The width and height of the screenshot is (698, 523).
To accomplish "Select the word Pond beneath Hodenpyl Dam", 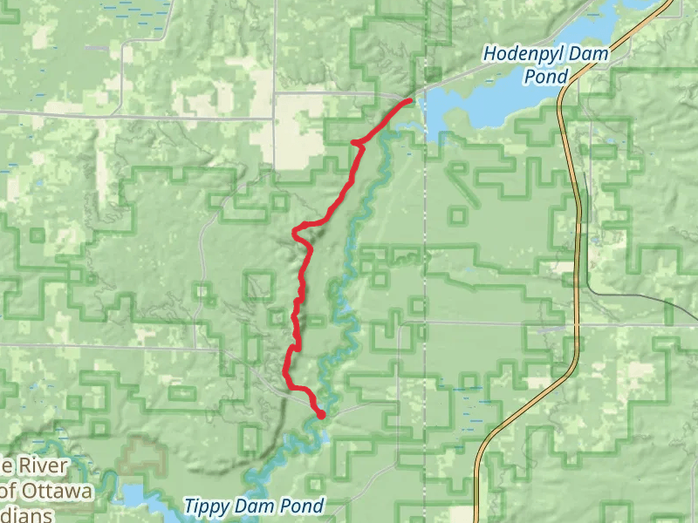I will coord(546,78).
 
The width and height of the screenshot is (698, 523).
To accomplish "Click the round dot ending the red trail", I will coord(321,415).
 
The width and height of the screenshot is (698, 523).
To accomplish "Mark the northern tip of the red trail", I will coord(408,102).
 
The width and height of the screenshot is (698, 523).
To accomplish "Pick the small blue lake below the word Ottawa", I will coord(134,497).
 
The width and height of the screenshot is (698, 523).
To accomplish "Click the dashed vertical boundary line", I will coord(425,261).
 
